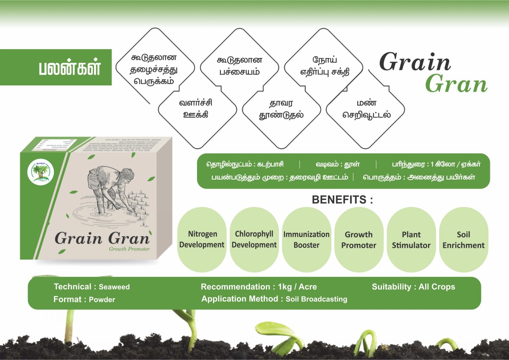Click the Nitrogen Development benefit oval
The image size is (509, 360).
point(202,240)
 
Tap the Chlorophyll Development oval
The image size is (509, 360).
point(254,240)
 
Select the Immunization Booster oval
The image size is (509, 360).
point(306,240)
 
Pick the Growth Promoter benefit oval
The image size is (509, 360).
point(359,240)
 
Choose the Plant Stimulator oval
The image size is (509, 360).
point(411,240)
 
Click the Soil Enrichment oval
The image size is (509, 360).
point(463,240)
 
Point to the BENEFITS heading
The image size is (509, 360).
point(342,200)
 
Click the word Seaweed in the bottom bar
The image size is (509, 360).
point(114,287)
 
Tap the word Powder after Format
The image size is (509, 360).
point(102,299)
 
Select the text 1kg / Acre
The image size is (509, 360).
point(298,287)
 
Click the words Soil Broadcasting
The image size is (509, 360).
point(316,299)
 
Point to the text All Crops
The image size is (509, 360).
point(437,287)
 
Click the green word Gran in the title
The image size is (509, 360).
point(456,84)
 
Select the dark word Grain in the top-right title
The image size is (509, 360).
point(415,62)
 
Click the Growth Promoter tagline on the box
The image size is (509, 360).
point(129,249)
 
